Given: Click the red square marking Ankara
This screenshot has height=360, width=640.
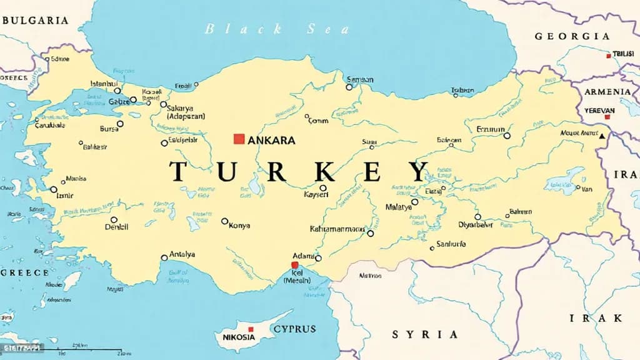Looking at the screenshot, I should click(x=238, y=139).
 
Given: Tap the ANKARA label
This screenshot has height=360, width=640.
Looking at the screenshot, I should click(x=271, y=141).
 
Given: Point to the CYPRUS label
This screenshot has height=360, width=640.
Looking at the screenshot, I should click(x=294, y=329).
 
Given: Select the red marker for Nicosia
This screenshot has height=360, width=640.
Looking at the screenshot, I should click(x=251, y=329).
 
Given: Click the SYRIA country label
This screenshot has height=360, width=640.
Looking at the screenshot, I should click(x=424, y=334).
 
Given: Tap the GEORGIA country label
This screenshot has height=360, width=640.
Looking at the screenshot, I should click(x=572, y=36).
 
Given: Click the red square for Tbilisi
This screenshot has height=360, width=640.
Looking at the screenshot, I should click(x=608, y=56).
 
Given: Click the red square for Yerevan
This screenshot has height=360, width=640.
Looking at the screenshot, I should click(x=607, y=116).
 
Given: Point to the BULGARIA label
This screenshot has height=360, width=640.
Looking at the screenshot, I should click(x=34, y=20).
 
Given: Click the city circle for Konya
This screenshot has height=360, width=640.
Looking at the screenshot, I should click(x=225, y=221).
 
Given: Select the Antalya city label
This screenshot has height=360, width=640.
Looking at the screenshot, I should click(x=182, y=254).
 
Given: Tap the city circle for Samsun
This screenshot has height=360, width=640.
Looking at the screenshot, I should click(x=350, y=87).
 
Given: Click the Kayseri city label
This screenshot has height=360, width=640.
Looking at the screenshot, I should click(x=315, y=195).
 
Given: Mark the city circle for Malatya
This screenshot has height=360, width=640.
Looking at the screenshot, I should click(x=414, y=202).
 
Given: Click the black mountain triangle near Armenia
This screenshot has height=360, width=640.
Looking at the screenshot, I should click(x=602, y=136).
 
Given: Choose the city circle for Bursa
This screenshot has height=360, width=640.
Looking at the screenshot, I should click(x=120, y=124).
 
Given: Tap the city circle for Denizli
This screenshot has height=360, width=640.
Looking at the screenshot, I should click(x=114, y=220).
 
